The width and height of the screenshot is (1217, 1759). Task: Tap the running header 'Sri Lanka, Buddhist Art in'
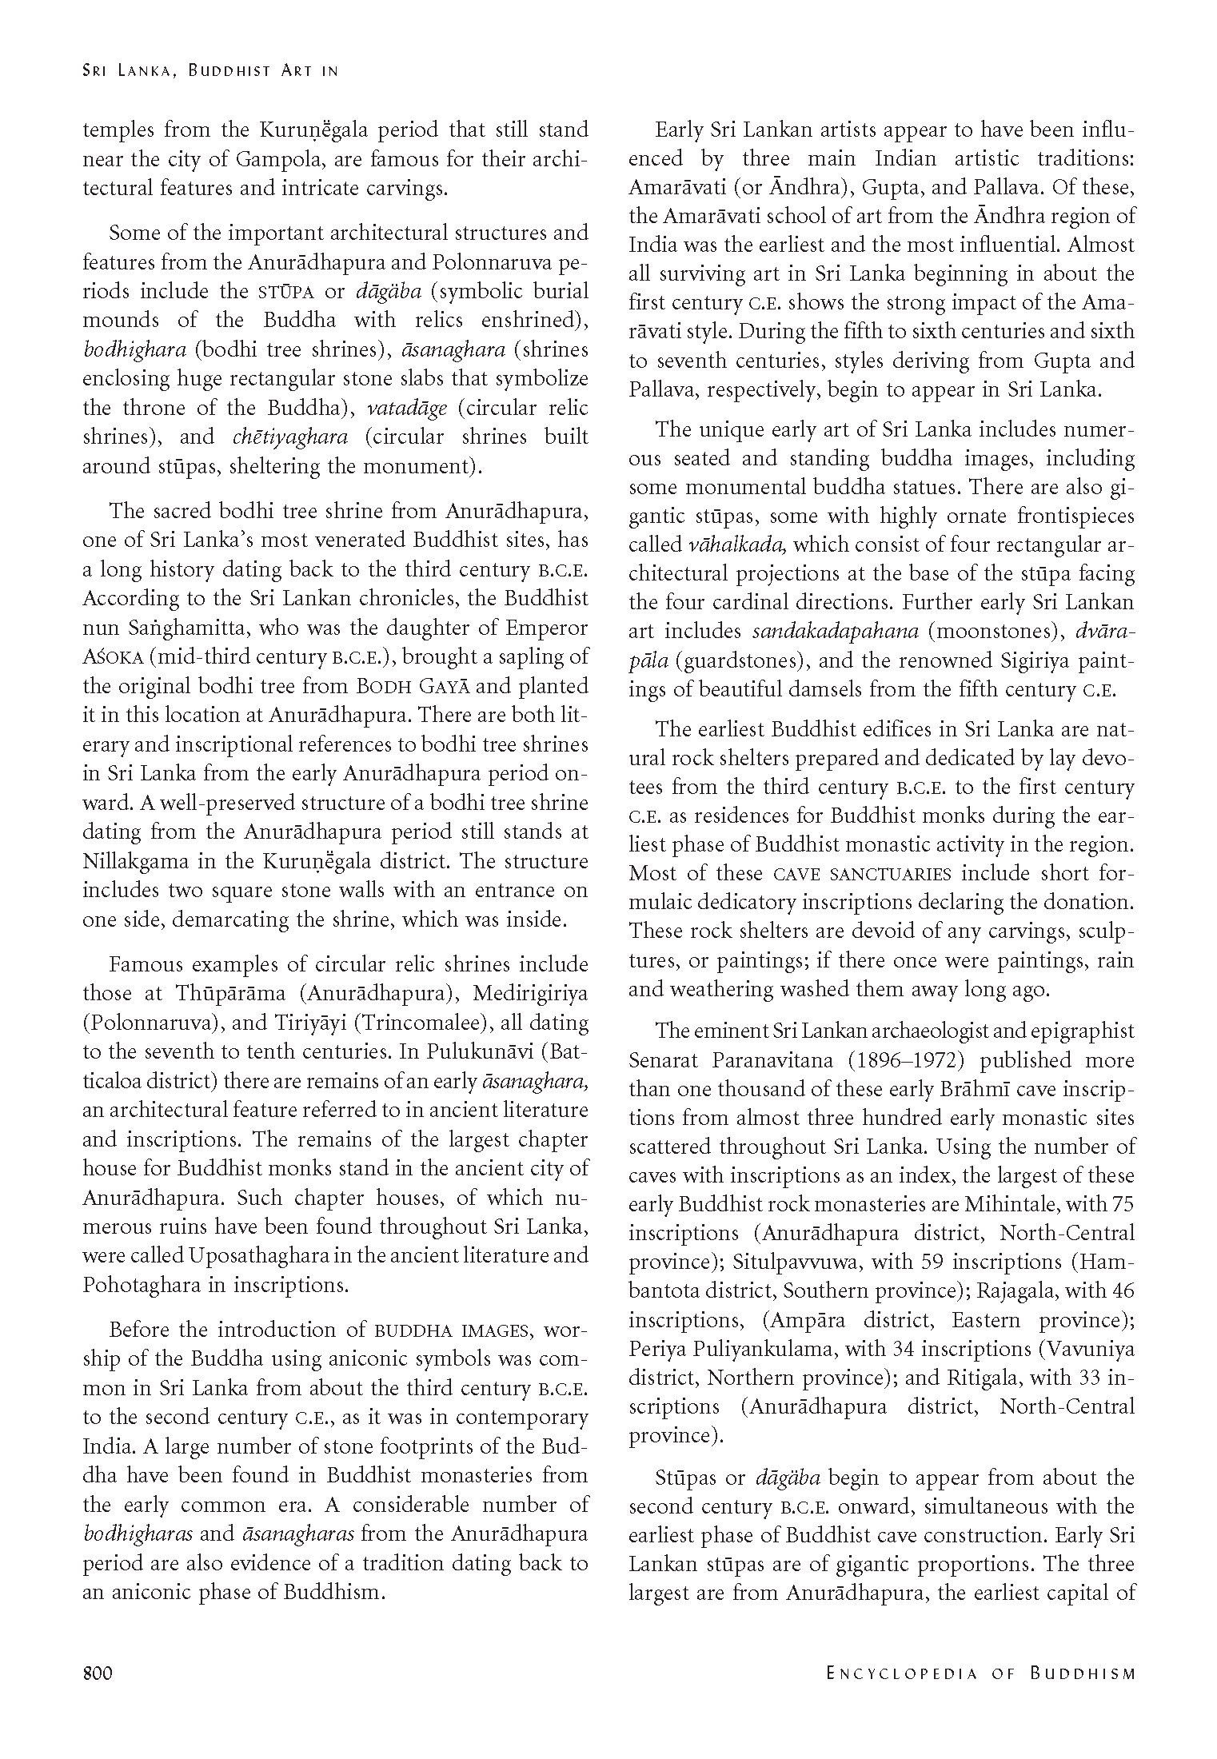coord(210,70)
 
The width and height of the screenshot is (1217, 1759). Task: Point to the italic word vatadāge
coord(407,408)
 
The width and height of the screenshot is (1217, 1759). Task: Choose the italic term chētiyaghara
coord(290,437)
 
